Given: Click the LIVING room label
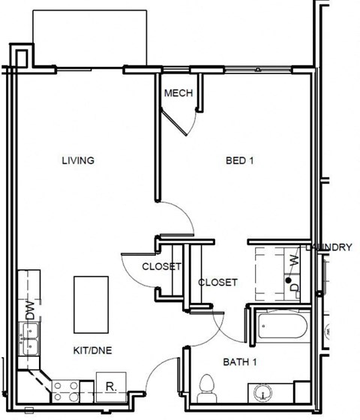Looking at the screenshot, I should click(77, 160).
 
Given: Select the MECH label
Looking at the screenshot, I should click(178, 93).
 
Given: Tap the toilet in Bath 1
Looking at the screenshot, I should click(205, 386).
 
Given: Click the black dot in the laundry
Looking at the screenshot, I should click(289, 279).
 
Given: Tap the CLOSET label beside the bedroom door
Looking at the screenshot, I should click(162, 266).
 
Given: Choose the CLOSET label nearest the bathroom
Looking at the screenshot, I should click(217, 283).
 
